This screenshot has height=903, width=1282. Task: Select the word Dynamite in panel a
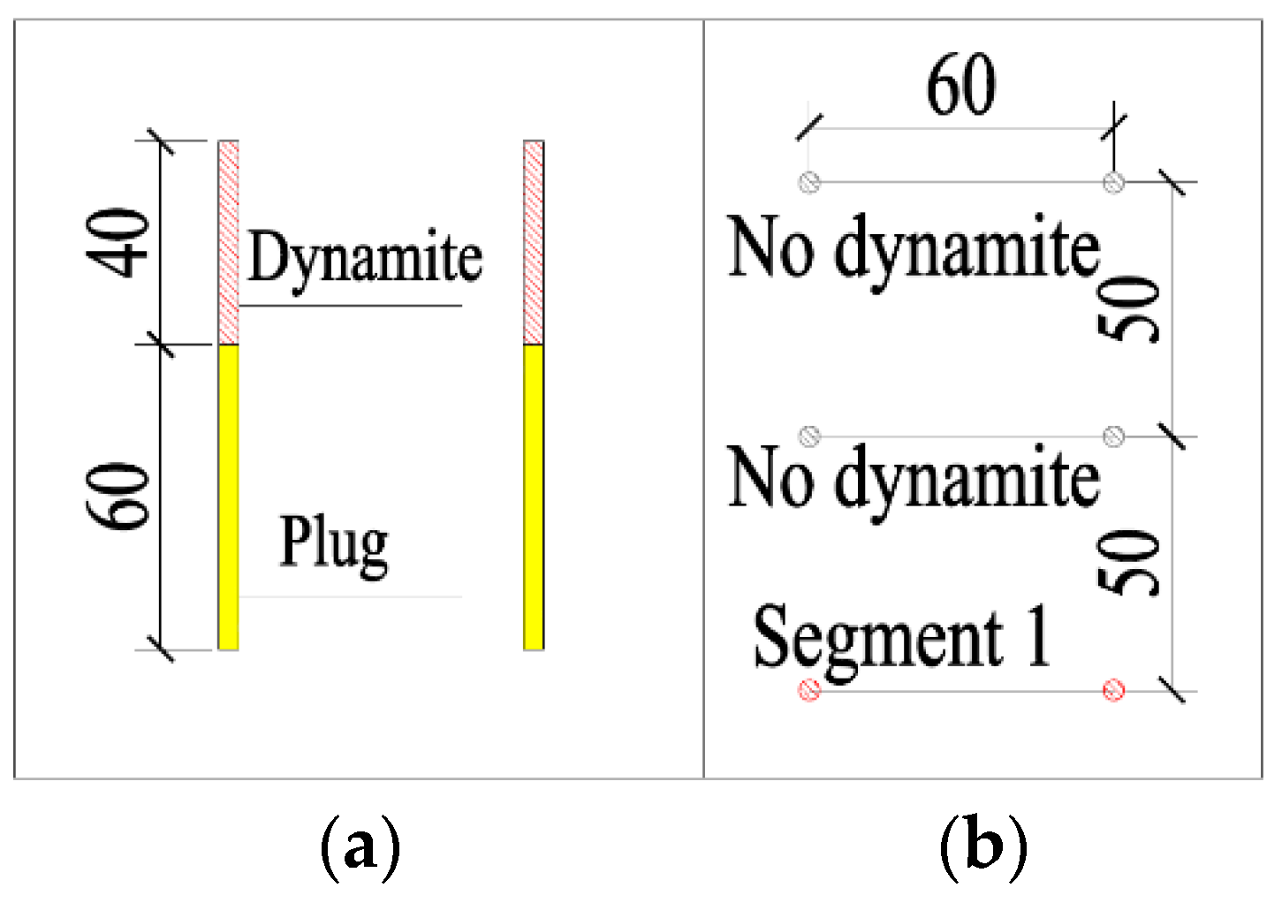click(x=365, y=258)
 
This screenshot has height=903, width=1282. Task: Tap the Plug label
click(x=334, y=543)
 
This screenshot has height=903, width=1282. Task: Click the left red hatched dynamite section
click(x=228, y=242)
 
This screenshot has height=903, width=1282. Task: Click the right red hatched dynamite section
click(x=533, y=242)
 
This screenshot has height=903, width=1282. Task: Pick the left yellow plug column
click(x=228, y=497)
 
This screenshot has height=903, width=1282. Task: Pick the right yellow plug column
click(x=533, y=497)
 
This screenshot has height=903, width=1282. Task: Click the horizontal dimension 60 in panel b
click(x=960, y=86)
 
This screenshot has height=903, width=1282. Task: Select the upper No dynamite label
click(x=914, y=249)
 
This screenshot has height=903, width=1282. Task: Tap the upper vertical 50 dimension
click(x=1130, y=308)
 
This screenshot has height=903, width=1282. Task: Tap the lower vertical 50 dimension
click(x=1130, y=563)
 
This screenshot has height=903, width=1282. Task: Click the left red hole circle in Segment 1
click(x=809, y=690)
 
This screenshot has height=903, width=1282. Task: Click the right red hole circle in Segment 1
click(x=1114, y=690)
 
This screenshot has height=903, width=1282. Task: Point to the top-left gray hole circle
click(x=809, y=182)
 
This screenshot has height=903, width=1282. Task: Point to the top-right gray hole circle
click(x=1114, y=182)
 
